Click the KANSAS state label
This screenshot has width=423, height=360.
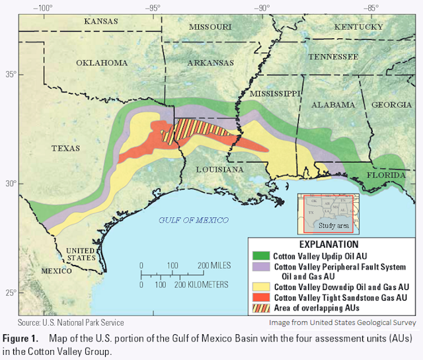pyautogui.click(x=100, y=21)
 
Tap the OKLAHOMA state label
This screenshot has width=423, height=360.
pyautogui.click(x=101, y=63)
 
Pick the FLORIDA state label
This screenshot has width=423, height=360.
pyautogui.click(x=387, y=175)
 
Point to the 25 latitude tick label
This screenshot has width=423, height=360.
pyautogui.click(x=9, y=293)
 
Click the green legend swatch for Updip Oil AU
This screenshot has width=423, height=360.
pyautogui.click(x=259, y=255)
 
